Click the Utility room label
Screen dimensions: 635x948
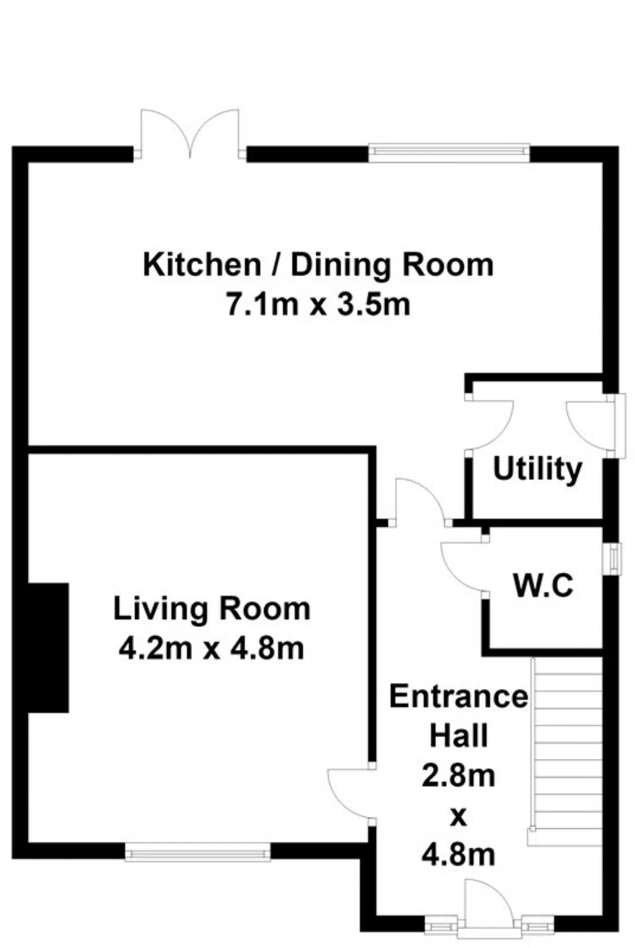pyautogui.click(x=537, y=469)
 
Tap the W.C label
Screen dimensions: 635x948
pyautogui.click(x=543, y=585)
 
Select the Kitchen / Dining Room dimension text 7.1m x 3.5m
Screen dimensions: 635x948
pyautogui.click(x=318, y=304)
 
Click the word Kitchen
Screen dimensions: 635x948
pyautogui.click(x=201, y=265)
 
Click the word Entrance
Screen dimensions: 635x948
pyautogui.click(x=459, y=696)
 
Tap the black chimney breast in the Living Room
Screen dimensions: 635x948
pyautogui.click(x=48, y=648)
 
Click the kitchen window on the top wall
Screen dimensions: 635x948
pyautogui.click(x=449, y=153)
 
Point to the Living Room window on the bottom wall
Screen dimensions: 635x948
pyautogui.click(x=197, y=851)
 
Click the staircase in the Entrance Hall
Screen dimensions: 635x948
pyautogui.click(x=566, y=750)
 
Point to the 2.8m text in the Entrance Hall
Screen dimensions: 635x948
pyautogui.click(x=458, y=775)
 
